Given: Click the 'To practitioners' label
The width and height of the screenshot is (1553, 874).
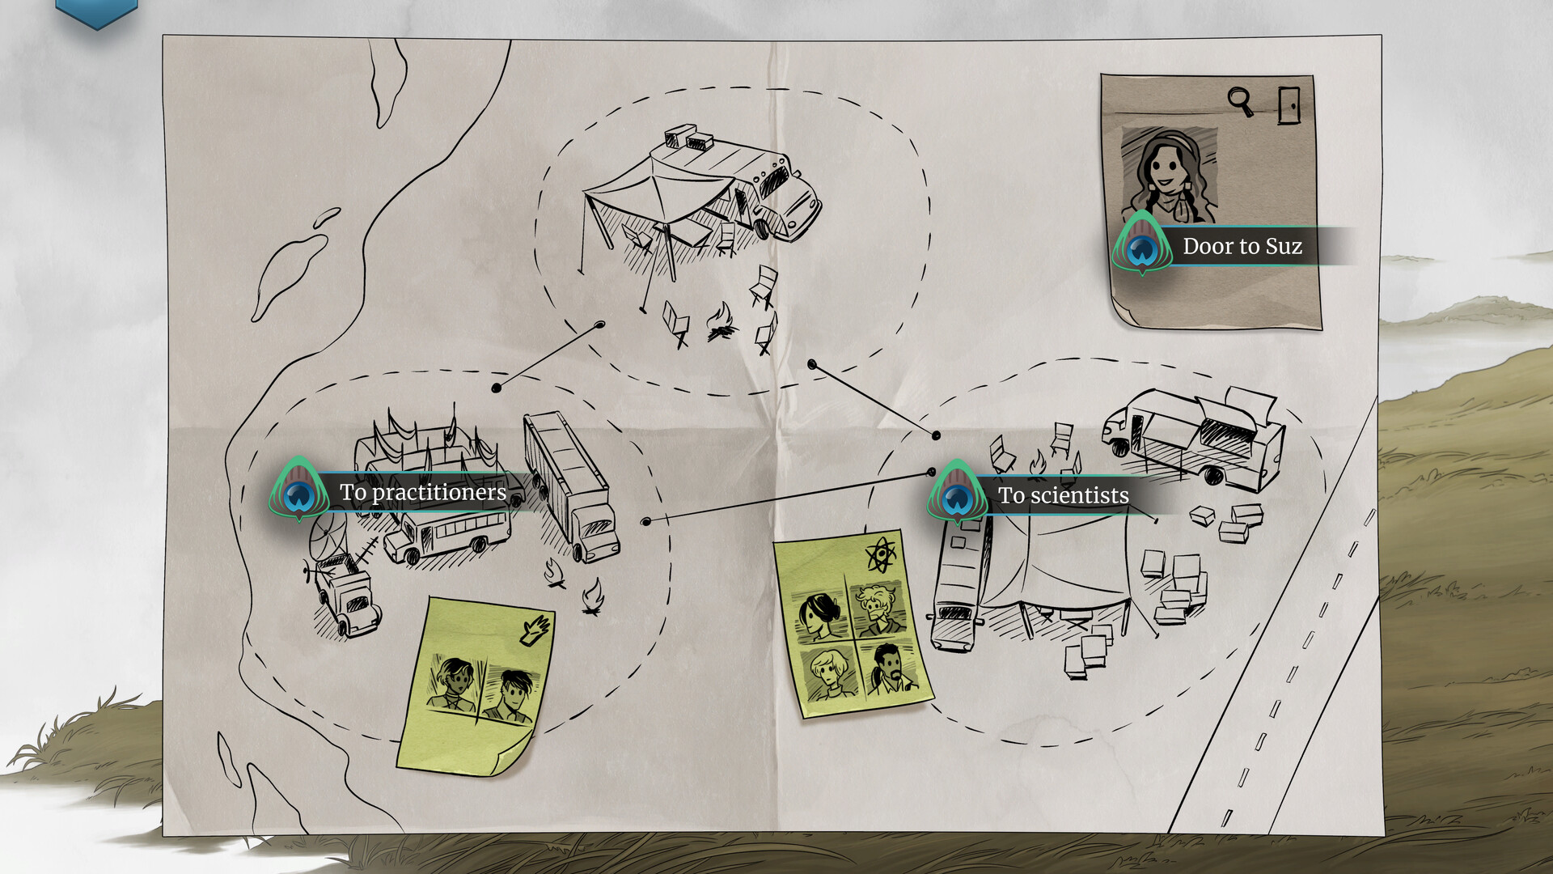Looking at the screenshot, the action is pos(423,492).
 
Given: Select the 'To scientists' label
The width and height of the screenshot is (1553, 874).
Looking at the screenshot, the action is pos(1063,495).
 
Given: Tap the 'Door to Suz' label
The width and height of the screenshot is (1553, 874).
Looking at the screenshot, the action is pos(1242,246).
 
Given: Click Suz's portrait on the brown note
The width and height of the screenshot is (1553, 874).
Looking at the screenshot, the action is pos(1169,175).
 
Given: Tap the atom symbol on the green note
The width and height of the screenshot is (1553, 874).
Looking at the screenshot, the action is pos(881,555).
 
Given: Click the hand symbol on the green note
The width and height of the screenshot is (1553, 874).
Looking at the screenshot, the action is pos(535,629).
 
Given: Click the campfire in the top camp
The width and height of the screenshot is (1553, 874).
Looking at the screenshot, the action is pos(721,321).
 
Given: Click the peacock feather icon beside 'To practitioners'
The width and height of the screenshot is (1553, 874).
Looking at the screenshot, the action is pos(299,489).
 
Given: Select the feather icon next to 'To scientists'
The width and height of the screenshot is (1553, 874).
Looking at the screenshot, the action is pos(958,492).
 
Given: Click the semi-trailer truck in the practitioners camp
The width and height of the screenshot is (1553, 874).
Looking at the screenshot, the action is pos(571,486).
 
